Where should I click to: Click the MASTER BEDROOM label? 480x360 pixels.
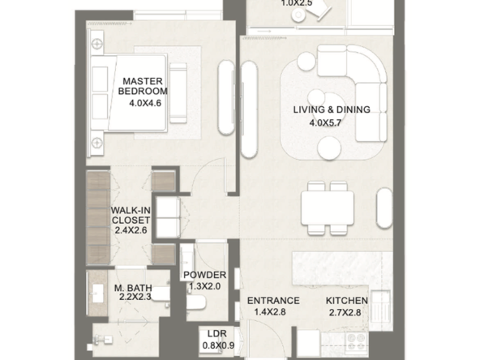(143, 86)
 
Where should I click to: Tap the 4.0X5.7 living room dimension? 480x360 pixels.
(325, 123)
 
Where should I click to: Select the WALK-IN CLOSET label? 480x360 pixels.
(131, 215)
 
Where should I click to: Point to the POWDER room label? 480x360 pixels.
(205, 275)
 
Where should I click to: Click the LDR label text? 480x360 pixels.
(217, 334)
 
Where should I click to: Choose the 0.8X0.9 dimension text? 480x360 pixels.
(218, 345)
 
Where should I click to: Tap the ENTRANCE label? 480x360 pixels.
(273, 301)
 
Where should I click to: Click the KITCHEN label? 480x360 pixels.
(346, 301)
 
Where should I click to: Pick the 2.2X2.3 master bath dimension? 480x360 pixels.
(135, 297)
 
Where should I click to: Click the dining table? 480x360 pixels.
(328, 208)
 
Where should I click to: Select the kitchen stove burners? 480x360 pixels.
(356, 341)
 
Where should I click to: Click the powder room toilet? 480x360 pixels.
(196, 302)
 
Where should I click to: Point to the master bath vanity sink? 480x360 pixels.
(98, 294)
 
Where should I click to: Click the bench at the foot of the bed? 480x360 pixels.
(178, 93)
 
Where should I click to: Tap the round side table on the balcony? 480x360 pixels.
(298, 15)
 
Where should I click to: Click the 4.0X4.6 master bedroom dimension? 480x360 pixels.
(145, 103)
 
